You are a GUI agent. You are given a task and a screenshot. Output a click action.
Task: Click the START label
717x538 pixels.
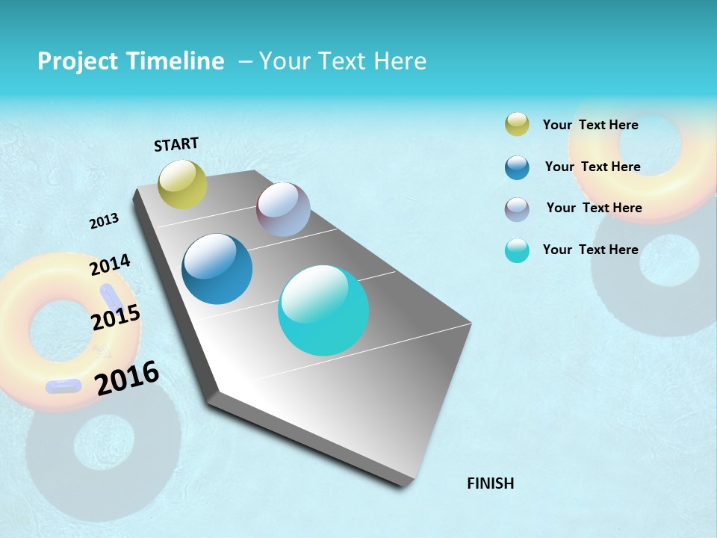pyautogui.click(x=176, y=144)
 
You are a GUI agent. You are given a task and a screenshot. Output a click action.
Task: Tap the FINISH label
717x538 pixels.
pyautogui.click(x=490, y=483)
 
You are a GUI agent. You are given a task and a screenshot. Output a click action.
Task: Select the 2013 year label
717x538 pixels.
pyautogui.click(x=105, y=220)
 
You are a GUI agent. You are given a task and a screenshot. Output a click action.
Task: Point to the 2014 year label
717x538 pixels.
pyautogui.click(x=110, y=265)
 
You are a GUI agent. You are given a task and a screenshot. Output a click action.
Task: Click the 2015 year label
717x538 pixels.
pyautogui.click(x=116, y=318)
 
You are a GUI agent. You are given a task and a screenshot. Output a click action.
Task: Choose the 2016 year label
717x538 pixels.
pyautogui.click(x=127, y=378)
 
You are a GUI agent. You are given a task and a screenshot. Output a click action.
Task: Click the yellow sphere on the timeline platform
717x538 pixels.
pyautogui.click(x=182, y=184)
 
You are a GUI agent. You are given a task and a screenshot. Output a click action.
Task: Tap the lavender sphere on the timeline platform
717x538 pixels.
pyautogui.click(x=283, y=209)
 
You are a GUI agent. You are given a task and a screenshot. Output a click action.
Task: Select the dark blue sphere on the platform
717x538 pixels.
pyautogui.click(x=217, y=269)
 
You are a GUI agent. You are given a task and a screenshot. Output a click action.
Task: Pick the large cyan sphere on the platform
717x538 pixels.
pyautogui.click(x=323, y=310)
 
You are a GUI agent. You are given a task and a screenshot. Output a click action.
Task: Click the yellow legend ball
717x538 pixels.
pyautogui.click(x=517, y=124)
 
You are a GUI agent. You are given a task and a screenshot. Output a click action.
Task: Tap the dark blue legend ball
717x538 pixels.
pyautogui.click(x=517, y=167)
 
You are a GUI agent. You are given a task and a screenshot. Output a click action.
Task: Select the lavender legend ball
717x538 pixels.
pyautogui.click(x=517, y=209)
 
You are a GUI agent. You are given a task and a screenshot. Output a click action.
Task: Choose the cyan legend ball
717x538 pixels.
pyautogui.click(x=517, y=250)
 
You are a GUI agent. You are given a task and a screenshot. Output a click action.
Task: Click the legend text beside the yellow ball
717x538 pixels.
pyautogui.click(x=590, y=125)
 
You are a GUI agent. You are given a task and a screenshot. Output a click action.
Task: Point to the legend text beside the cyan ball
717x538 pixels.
pyautogui.click(x=590, y=250)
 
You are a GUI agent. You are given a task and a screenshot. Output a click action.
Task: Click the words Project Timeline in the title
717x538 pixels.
pyautogui.click(x=131, y=61)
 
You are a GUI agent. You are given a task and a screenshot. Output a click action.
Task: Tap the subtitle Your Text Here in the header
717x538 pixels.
pyautogui.click(x=342, y=61)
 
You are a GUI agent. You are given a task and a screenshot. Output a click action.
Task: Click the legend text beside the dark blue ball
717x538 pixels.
pyautogui.click(x=592, y=167)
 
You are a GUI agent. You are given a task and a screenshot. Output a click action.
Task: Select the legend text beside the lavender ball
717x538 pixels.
pyautogui.click(x=594, y=208)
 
